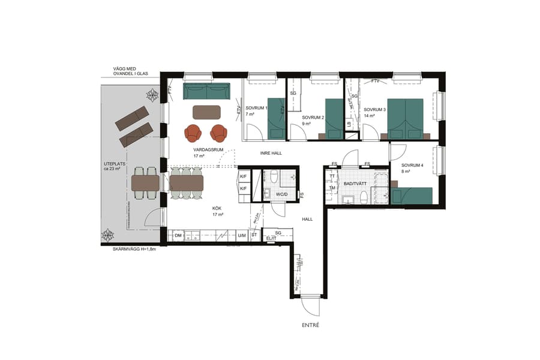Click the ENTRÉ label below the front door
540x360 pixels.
click(x=311, y=325)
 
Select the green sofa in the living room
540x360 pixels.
click(x=206, y=92)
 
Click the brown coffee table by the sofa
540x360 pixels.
click(x=206, y=112)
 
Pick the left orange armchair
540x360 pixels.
click(x=194, y=133)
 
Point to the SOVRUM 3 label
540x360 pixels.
click(x=375, y=110)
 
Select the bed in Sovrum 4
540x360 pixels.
click(x=412, y=196)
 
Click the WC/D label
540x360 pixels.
click(x=282, y=194)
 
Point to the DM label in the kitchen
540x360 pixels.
click(x=178, y=236)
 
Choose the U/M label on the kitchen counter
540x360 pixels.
click(x=242, y=236)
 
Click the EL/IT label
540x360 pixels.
click(x=271, y=238)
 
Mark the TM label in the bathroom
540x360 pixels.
click(x=332, y=188)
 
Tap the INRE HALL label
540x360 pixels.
click(x=271, y=153)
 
